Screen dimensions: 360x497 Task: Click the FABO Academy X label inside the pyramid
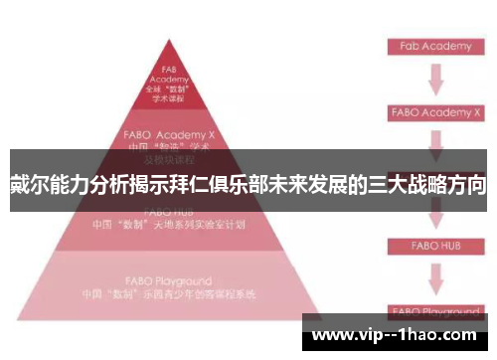tap(170, 132)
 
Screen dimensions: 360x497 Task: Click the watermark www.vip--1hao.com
tap(398, 334)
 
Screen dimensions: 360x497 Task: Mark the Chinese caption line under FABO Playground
tap(171, 294)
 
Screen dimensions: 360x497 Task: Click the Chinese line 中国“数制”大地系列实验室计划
tap(171, 224)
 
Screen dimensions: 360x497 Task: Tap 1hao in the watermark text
tap(437, 334)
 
